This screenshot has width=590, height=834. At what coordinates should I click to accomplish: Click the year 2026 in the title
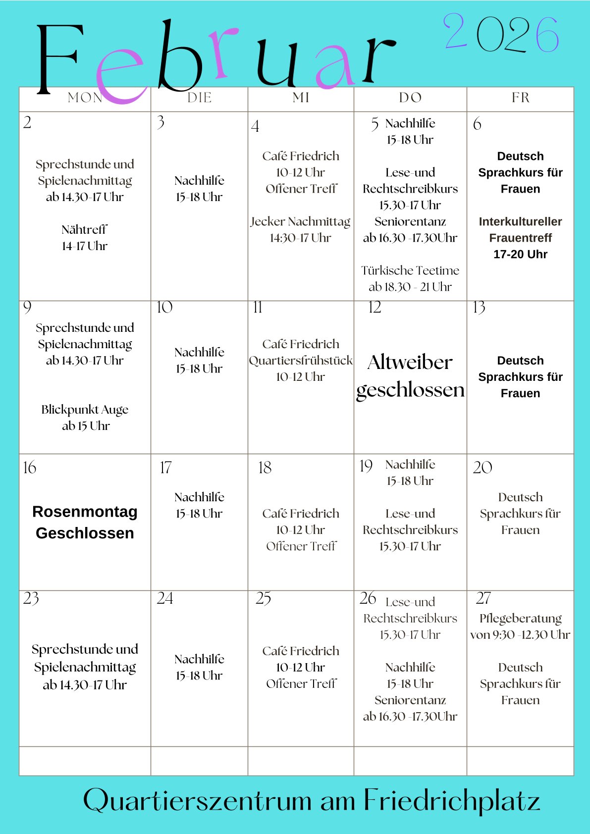coord(501,33)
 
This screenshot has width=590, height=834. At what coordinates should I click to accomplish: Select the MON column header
coord(85,98)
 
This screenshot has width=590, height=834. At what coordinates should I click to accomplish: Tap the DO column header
coord(410,98)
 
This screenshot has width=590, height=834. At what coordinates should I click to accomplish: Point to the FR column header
coord(521,98)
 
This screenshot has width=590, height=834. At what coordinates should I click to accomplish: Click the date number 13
coord(479,308)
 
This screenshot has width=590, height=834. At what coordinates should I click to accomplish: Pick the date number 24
coord(165,599)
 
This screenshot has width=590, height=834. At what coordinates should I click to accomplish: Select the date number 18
coord(265,468)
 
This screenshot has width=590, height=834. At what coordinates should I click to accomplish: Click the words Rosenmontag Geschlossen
coord(85,522)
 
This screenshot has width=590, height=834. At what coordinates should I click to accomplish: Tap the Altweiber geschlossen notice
coord(410,376)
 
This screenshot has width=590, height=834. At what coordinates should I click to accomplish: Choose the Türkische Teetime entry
coord(410,278)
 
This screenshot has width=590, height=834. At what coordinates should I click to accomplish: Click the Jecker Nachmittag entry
coord(300,229)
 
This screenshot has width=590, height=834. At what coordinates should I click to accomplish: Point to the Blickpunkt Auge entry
coord(85,417)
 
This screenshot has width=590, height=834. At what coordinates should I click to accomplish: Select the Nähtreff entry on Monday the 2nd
coord(85,238)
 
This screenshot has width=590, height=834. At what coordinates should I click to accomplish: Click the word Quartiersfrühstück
coord(301,361)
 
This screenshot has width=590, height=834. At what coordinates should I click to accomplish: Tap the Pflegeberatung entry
coord(520,626)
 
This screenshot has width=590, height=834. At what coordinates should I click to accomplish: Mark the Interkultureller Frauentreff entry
coord(521,238)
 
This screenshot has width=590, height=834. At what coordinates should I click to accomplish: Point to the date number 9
coord(27,308)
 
